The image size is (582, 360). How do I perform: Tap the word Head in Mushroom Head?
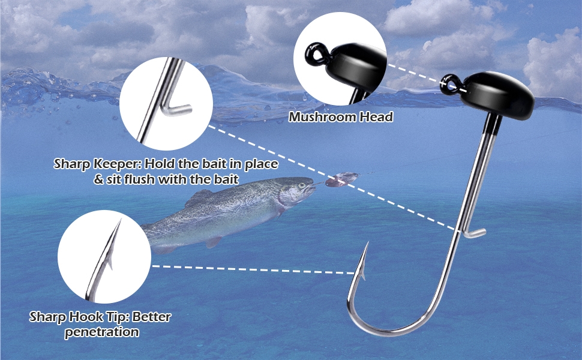(376, 117)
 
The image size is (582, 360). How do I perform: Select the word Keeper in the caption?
(119, 164)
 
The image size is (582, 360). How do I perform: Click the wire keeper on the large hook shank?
(474, 232)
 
